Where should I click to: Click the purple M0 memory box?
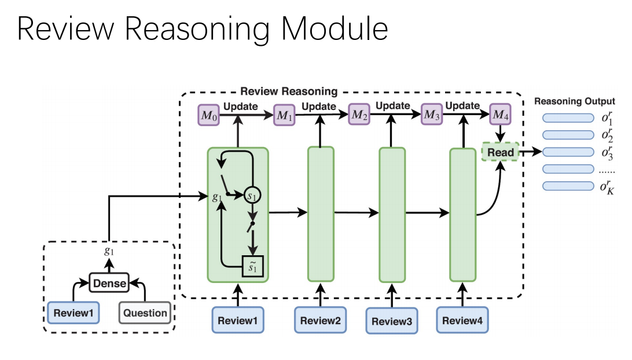coord(209,115)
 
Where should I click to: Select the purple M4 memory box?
coord(500,115)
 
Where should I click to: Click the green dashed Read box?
coord(501,152)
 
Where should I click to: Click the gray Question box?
coord(145,313)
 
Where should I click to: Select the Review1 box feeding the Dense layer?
coord(73,313)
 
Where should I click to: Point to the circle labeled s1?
coord(253,196)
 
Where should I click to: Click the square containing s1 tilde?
coord(253,267)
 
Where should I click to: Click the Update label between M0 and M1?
coord(241,107)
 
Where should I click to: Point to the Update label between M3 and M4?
coord(462,106)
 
